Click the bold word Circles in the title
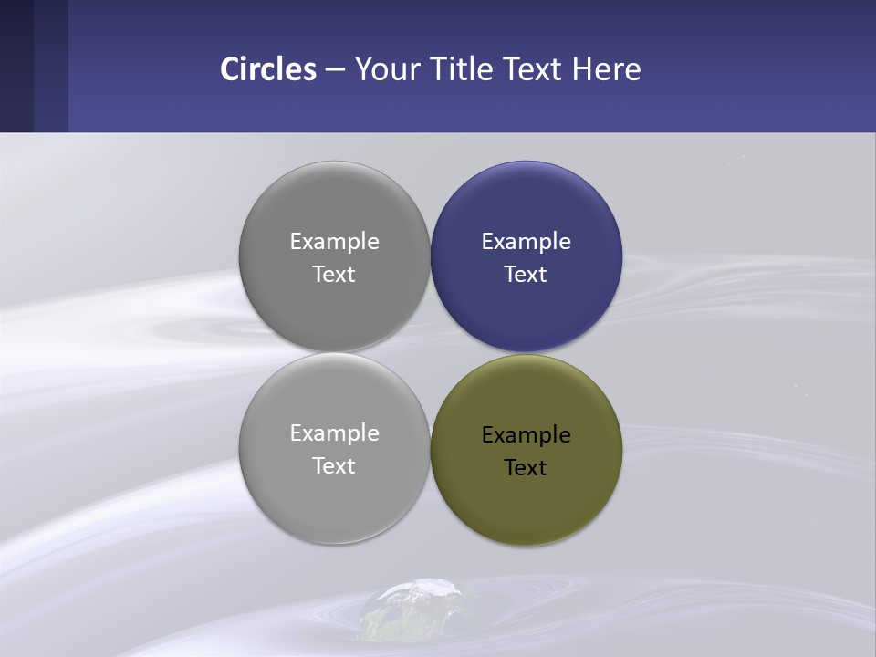pos(268,69)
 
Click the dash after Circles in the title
pos(335,70)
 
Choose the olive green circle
pos(527,506)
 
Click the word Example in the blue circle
pos(527,242)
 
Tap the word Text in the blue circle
pos(526,275)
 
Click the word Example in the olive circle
pos(527,435)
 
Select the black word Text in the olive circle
pos(526,468)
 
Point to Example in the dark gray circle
pos(335,242)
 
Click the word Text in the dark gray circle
pos(334,275)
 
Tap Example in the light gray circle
pos(335,433)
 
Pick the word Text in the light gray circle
pos(334,466)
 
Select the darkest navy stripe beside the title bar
pos(16,66)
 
